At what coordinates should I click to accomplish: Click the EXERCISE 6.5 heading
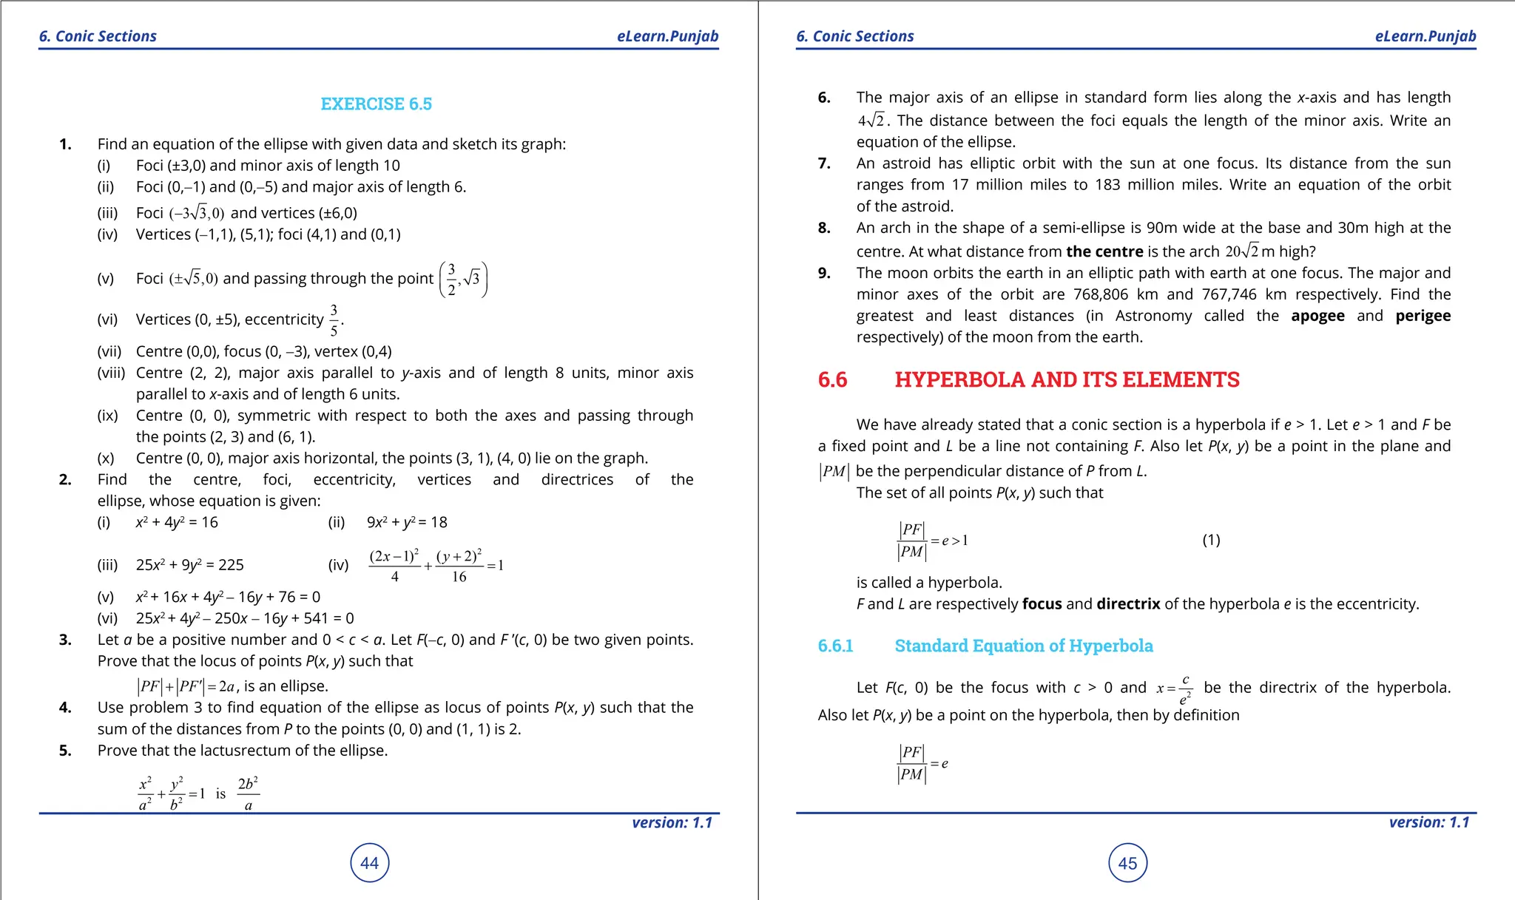click(x=376, y=104)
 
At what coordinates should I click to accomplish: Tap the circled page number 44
click(x=369, y=863)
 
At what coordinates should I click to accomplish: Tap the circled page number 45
click(x=1127, y=863)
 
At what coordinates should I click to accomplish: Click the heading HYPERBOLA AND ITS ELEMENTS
click(x=1067, y=380)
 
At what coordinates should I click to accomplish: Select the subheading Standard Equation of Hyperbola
click(x=1023, y=646)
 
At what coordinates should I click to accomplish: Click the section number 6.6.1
click(x=835, y=646)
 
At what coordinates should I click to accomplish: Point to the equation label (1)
click(x=1211, y=541)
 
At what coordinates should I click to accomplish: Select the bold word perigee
click(x=1423, y=316)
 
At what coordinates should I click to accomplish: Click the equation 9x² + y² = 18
click(x=407, y=523)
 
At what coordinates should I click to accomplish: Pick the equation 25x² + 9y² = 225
click(x=189, y=565)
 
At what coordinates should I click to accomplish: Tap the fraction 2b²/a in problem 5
click(x=248, y=794)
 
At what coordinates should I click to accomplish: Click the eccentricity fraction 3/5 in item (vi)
click(x=334, y=319)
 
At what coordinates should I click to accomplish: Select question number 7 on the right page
click(x=824, y=163)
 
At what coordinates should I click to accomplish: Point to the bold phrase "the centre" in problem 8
click(x=1104, y=251)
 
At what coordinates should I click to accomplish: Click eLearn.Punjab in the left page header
click(x=667, y=36)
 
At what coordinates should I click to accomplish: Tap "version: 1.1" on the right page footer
click(x=1428, y=822)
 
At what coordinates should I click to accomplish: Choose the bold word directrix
click(x=1128, y=604)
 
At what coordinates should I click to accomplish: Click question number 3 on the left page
click(x=65, y=640)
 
